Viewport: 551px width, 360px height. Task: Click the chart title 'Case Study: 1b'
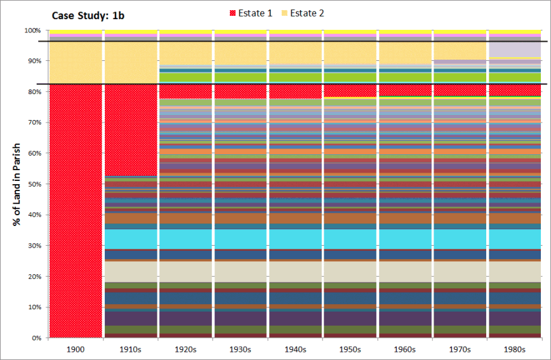pos(88,16)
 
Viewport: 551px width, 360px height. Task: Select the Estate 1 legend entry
pos(251,13)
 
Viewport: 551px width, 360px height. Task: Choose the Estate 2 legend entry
pos(303,13)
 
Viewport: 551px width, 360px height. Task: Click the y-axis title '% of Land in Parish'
pos(17,184)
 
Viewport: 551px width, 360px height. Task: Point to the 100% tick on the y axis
pos(32,30)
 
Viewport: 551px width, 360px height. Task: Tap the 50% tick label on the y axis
pos(34,184)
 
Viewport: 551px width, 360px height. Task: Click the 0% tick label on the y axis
pos(36,338)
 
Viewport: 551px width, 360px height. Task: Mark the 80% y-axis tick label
pos(34,92)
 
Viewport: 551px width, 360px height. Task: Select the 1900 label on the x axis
pos(76,349)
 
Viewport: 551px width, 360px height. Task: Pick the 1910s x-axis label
pos(130,349)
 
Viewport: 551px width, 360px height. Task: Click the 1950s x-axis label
pos(350,349)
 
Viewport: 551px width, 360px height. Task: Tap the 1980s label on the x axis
pos(514,349)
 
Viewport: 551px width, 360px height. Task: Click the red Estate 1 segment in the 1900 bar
pos(76,211)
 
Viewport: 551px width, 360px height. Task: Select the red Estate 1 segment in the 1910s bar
pos(131,130)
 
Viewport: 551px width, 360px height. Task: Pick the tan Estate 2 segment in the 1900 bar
pos(76,63)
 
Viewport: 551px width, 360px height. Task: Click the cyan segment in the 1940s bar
pos(295,239)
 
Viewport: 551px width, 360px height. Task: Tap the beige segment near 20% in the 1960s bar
pos(405,272)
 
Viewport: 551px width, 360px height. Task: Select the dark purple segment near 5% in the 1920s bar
pos(185,319)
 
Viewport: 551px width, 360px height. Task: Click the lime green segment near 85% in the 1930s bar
pos(241,77)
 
